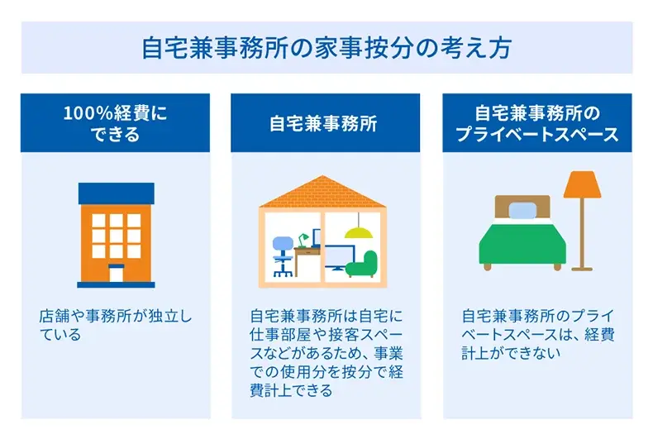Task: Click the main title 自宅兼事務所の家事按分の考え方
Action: click(326, 47)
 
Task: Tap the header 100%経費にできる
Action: click(115, 123)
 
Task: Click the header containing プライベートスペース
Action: click(537, 123)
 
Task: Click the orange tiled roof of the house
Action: click(326, 192)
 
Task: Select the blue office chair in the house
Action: click(282, 252)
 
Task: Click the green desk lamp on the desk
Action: click(304, 240)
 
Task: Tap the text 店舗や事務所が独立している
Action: click(115, 326)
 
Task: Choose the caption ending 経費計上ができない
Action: click(537, 335)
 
